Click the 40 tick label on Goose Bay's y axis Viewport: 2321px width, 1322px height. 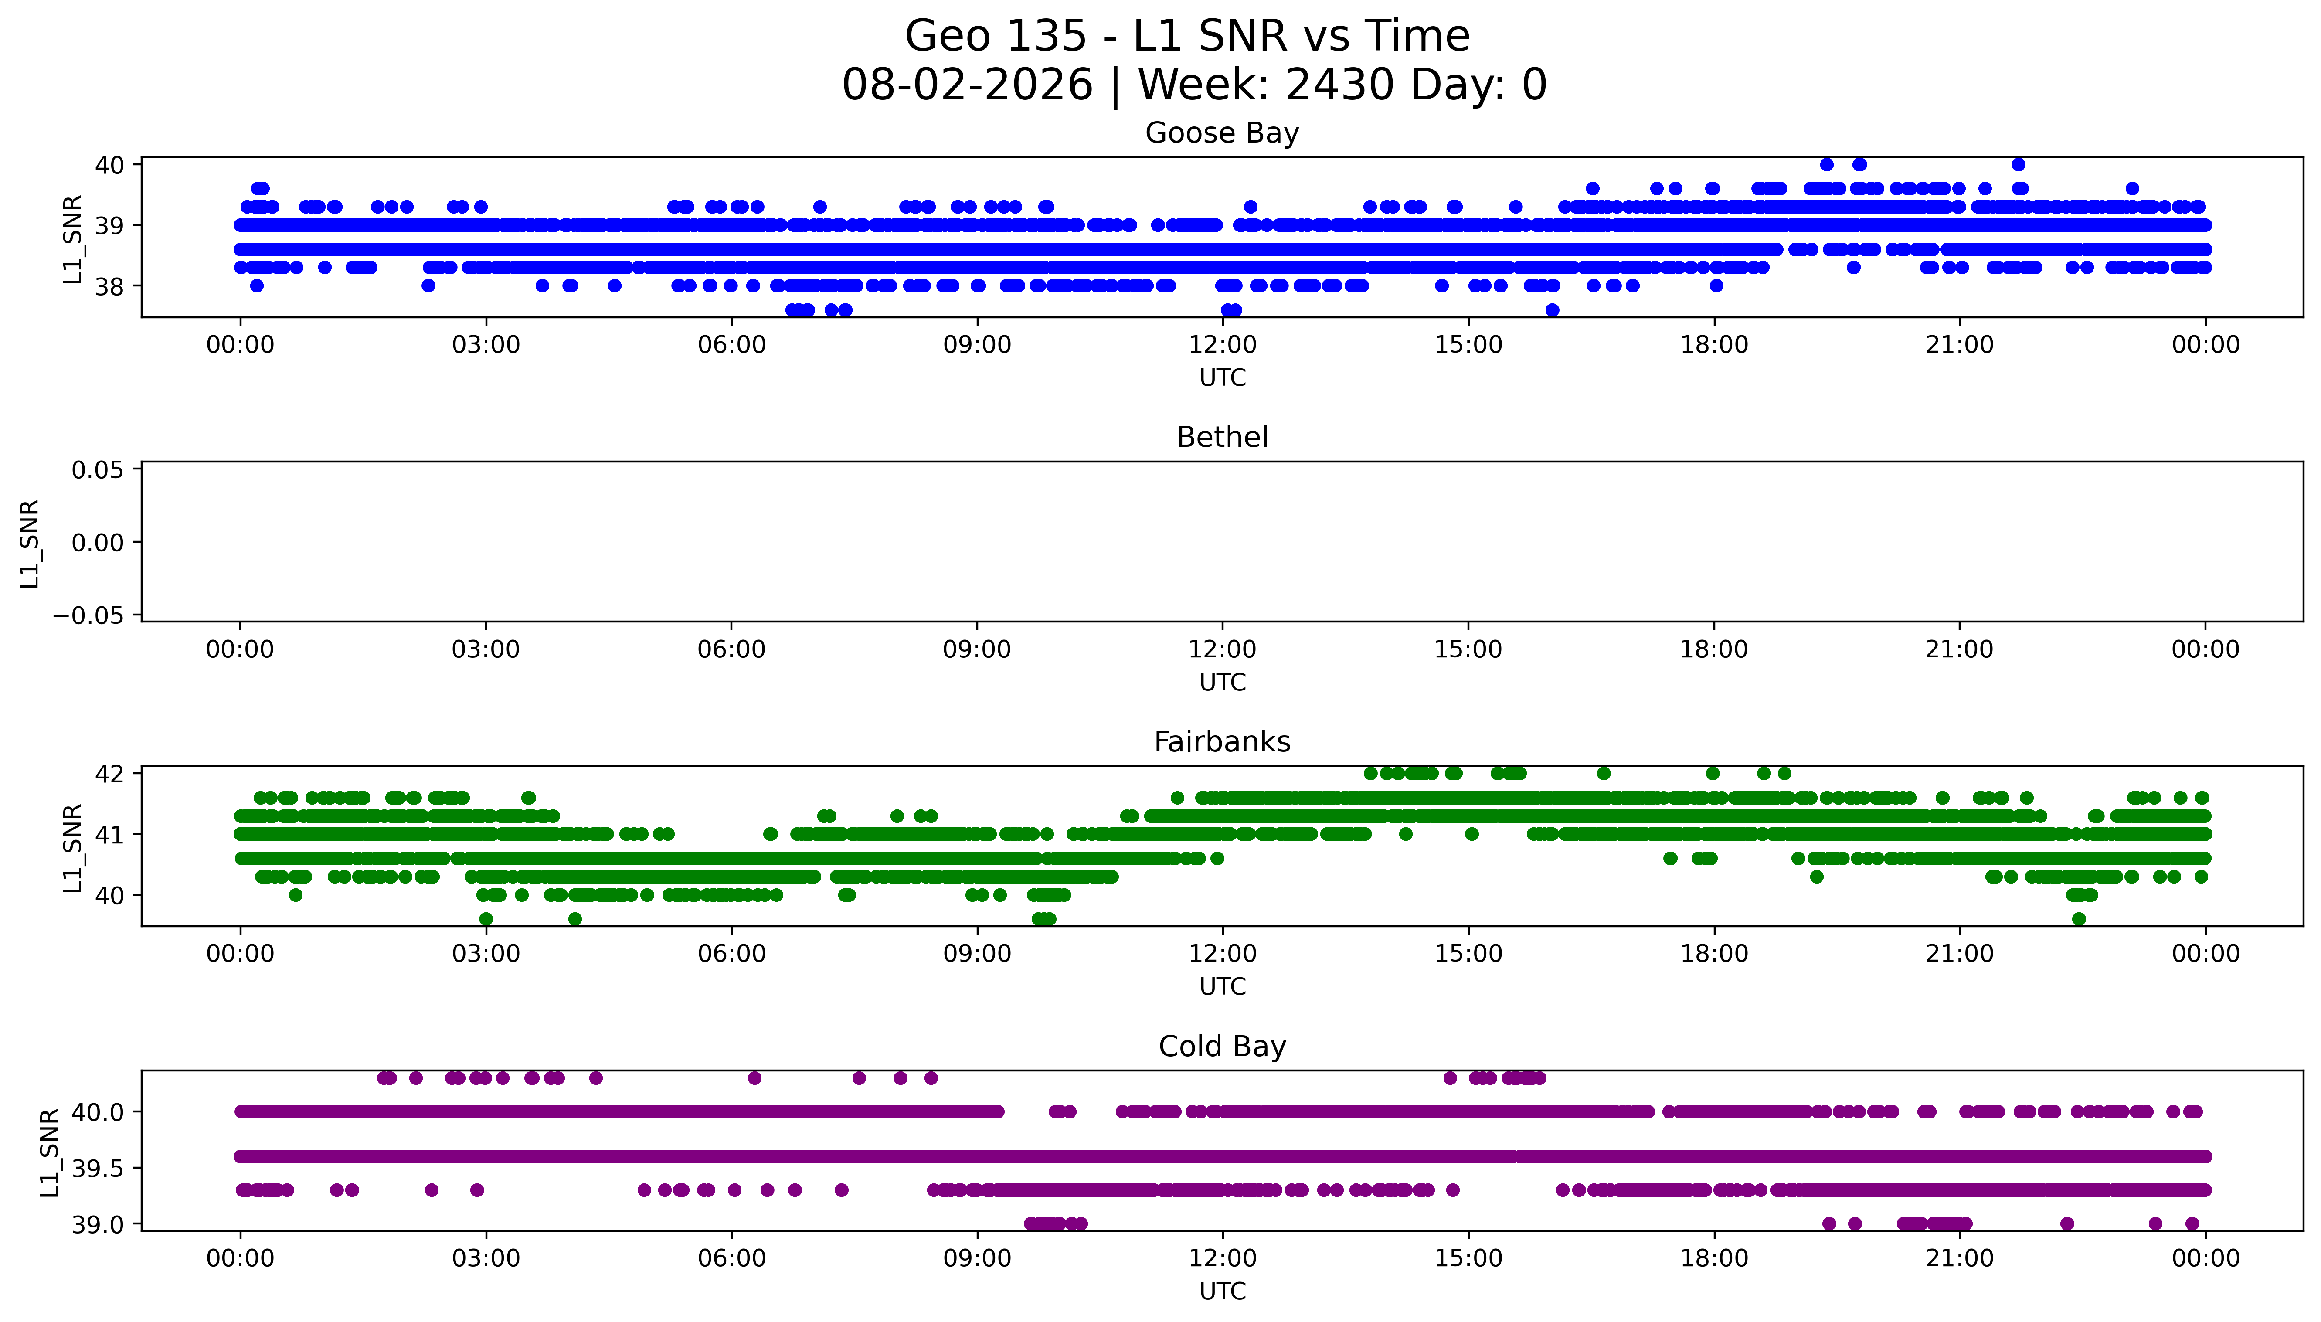coord(110,164)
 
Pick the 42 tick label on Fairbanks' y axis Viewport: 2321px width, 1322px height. coord(110,774)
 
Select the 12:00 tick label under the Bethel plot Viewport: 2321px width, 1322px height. coord(1222,649)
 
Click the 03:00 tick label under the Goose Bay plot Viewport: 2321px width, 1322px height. coord(486,345)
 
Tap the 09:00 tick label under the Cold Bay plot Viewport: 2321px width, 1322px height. coord(977,1258)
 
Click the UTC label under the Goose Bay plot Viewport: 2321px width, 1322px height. coord(1222,378)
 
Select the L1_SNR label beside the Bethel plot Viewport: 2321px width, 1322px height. coord(30,543)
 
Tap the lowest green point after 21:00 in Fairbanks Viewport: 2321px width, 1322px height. coord(2079,919)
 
